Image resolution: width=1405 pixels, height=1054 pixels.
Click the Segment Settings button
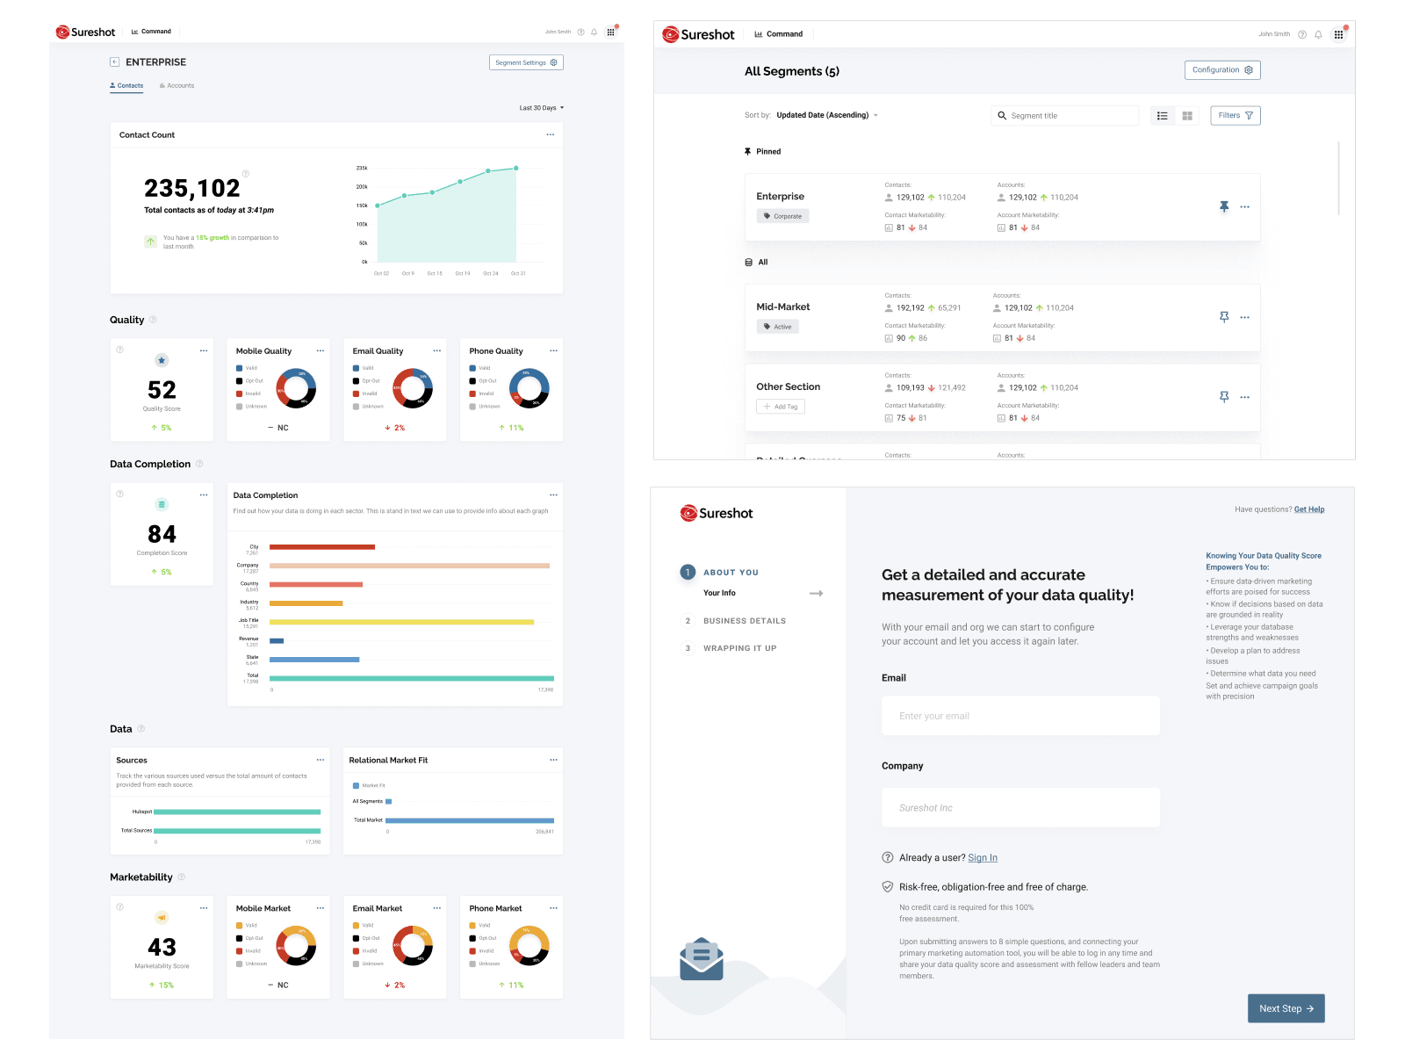[x=525, y=62]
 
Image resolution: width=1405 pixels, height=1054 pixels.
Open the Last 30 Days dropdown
[x=541, y=108]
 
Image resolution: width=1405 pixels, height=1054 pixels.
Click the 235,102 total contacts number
[x=191, y=188]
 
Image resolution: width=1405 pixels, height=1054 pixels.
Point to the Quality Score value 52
[x=162, y=390]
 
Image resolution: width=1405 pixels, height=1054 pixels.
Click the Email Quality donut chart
[x=413, y=389]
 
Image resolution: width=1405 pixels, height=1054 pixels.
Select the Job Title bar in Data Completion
[x=401, y=622]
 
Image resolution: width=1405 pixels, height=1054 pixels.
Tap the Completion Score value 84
[x=162, y=534]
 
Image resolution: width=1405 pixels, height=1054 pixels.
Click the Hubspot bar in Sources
[x=236, y=812]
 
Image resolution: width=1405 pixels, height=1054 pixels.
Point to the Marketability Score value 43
[x=162, y=947]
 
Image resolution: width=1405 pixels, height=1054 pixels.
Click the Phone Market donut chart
[x=530, y=946]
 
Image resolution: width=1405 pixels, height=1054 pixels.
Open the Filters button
[x=1235, y=116]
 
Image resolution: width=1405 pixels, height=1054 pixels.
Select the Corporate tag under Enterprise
[x=782, y=216]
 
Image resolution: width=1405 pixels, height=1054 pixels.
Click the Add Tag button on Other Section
[x=781, y=407]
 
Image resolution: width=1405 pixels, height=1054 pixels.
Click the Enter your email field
[x=1020, y=716]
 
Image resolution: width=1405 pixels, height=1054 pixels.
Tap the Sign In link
[x=983, y=858]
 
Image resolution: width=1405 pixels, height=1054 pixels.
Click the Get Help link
[x=1308, y=509]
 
